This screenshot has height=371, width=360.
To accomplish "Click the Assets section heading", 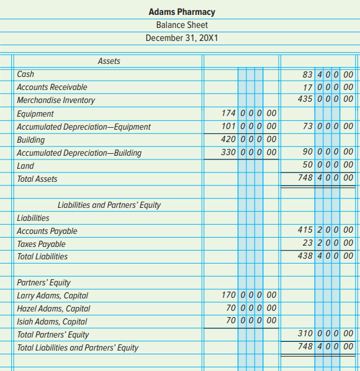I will coord(109,61).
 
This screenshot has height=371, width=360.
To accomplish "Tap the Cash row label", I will coord(25,74).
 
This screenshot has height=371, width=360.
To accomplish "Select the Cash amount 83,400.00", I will coord(325,74).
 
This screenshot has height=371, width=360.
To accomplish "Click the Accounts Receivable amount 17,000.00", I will coord(325,87).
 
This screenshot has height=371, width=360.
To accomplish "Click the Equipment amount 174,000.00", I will coord(248,114).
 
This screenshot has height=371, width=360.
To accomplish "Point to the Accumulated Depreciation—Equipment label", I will coord(83,127).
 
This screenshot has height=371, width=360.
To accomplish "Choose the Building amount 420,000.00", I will coord(248,140).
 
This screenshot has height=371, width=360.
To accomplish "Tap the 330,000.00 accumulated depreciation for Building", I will coord(248,153).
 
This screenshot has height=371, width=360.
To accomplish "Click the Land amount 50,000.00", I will coord(325,166).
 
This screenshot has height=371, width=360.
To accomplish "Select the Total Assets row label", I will coord(37,179).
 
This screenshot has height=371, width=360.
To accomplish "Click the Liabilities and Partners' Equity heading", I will coord(109,205).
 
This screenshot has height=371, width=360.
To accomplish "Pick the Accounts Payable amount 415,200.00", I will coord(325,231).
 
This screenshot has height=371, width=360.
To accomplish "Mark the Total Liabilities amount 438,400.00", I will coord(325,256).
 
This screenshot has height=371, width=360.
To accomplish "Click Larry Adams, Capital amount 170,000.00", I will coord(248,295).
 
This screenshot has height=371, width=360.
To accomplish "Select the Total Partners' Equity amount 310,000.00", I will coord(325,334).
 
